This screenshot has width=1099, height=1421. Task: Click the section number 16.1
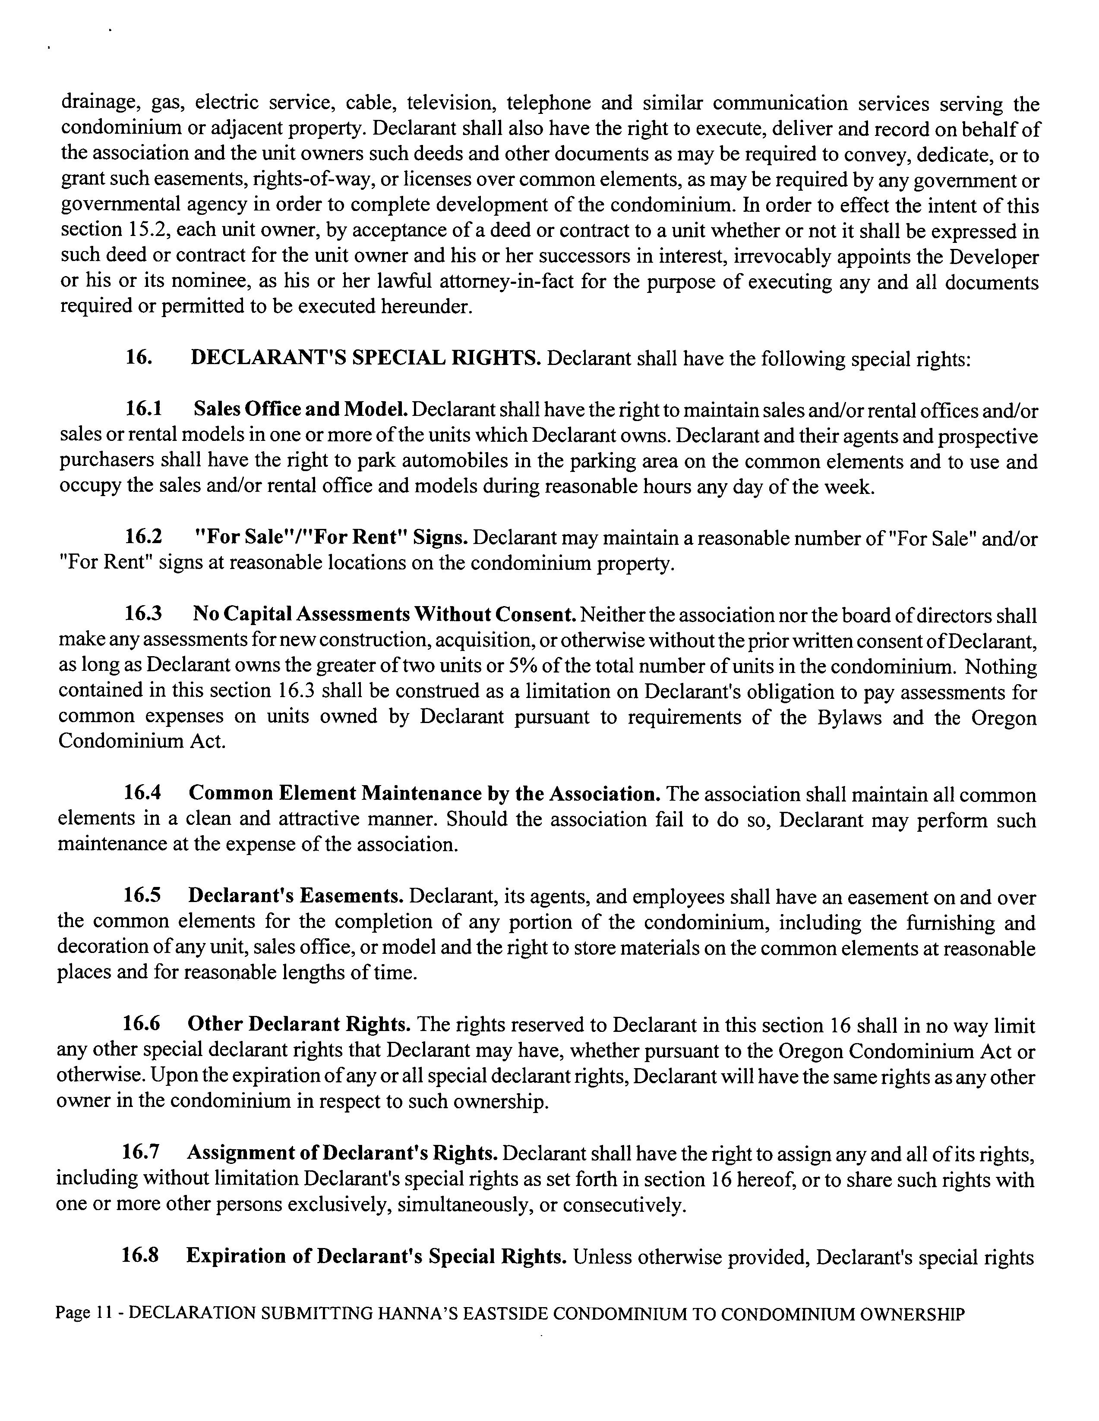pos(144,409)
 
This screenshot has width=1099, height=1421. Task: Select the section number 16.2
pos(144,538)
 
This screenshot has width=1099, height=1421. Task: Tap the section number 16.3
pos(144,614)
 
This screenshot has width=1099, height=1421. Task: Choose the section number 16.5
pos(142,896)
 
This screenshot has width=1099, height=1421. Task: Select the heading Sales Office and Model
pos(301,409)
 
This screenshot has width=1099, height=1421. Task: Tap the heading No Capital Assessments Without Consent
pos(384,614)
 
